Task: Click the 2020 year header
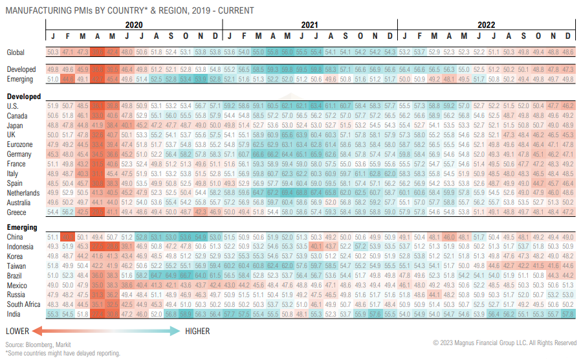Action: click(x=134, y=25)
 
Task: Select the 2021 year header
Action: click(x=310, y=25)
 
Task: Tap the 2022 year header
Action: click(x=487, y=25)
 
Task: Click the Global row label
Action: click(x=16, y=52)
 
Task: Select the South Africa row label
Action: click(x=24, y=304)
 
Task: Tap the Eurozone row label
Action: click(x=19, y=145)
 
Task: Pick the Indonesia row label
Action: click(x=21, y=246)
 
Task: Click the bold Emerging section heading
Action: click(x=23, y=228)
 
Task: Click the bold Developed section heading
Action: click(x=24, y=96)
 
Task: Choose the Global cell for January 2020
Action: click(x=53, y=52)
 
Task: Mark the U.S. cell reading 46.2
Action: click(x=568, y=105)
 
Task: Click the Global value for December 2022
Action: click(x=568, y=52)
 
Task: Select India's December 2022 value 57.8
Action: click(x=568, y=313)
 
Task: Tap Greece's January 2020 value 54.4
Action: click(x=53, y=212)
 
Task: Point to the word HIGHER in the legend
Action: click(x=198, y=331)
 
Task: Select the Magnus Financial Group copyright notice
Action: click(x=505, y=343)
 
